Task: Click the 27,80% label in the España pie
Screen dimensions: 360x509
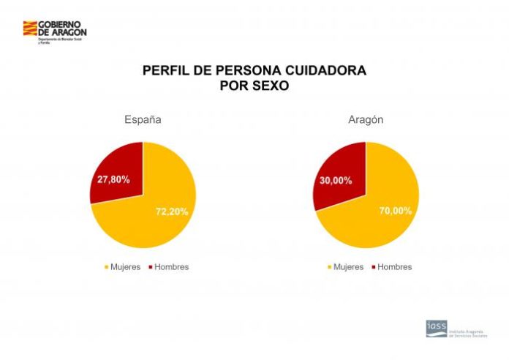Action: tap(113, 179)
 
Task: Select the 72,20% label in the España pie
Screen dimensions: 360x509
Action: tap(172, 211)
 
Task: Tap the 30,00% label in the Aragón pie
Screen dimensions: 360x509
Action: tap(336, 180)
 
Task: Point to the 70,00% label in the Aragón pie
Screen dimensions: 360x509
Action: tap(395, 211)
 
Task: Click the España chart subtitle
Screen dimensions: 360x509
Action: tap(143, 119)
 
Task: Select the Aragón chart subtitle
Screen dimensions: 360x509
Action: tap(366, 119)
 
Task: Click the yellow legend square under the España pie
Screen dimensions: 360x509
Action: tap(107, 268)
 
